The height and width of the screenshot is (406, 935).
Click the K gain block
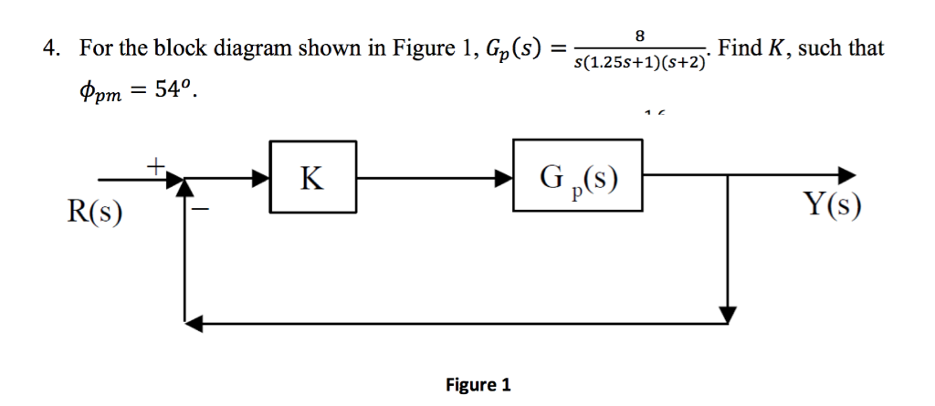pos(312,177)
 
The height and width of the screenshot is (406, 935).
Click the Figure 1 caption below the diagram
pos(478,384)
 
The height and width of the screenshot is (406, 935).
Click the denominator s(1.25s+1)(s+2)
pos(639,63)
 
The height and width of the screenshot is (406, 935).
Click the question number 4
pos(51,48)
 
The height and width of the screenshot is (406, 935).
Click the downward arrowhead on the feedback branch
pos(727,314)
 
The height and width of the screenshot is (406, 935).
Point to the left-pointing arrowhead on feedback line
pos(193,320)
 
